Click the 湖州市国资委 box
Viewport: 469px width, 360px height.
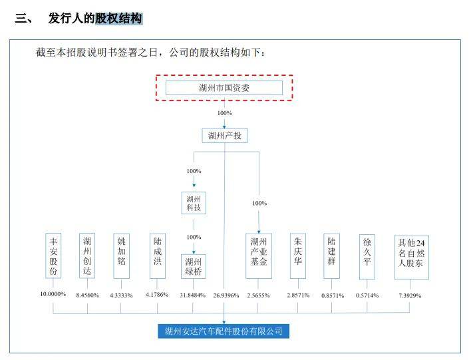(x=224, y=88)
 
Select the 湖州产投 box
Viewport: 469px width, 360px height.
(x=224, y=136)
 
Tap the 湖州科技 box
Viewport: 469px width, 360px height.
(x=194, y=204)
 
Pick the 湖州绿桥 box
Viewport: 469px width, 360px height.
(x=194, y=267)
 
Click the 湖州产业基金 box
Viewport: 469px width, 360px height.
(x=259, y=252)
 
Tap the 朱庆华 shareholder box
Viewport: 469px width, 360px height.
(x=298, y=250)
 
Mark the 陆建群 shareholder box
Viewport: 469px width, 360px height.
(x=332, y=250)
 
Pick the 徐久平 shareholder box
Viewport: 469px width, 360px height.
(x=367, y=250)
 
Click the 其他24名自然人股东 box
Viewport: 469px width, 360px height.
(x=410, y=252)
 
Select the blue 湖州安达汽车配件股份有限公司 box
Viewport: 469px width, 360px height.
(x=224, y=331)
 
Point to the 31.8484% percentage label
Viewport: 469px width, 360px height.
(x=193, y=295)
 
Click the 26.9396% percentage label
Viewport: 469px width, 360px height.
(x=225, y=295)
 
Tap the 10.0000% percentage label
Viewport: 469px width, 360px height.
(x=53, y=294)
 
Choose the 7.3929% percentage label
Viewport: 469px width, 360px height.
(x=410, y=295)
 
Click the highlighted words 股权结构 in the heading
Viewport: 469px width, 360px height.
(x=118, y=19)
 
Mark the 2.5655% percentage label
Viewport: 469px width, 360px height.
(x=259, y=295)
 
